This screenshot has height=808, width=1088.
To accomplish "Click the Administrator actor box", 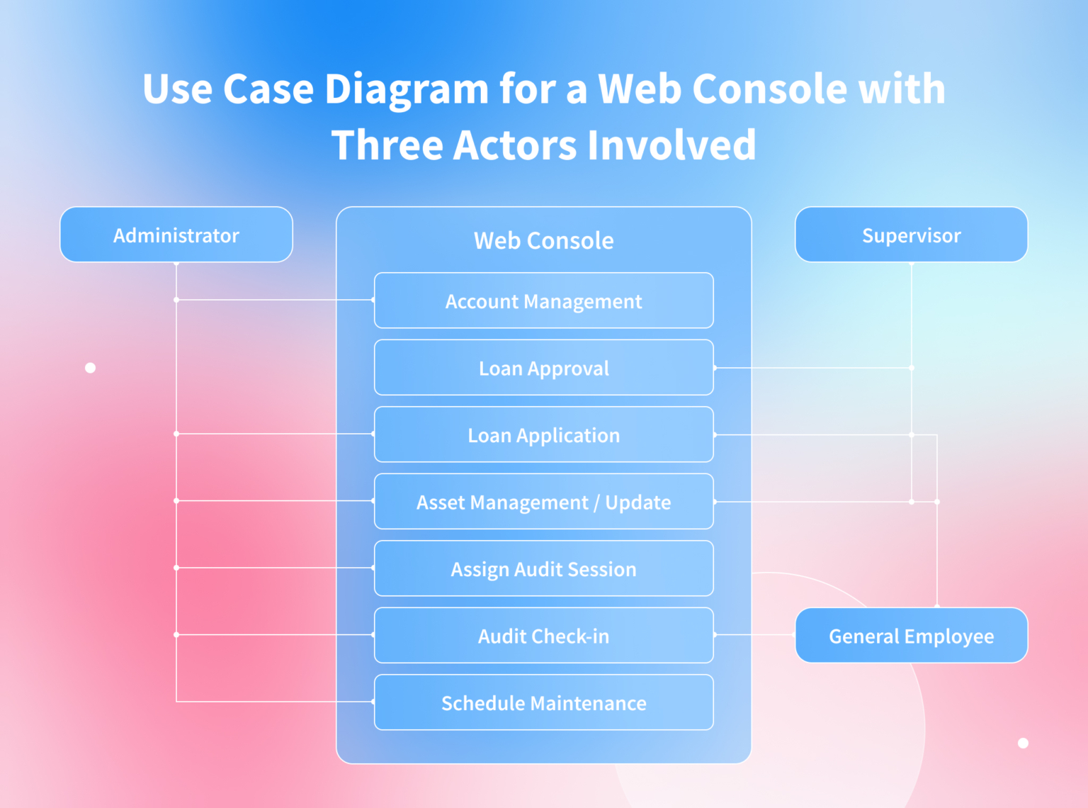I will [x=176, y=235].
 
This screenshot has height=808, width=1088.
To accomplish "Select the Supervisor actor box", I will [x=911, y=235].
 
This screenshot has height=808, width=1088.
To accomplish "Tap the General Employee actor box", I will [x=911, y=636].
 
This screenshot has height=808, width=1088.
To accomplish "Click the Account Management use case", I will [x=543, y=301].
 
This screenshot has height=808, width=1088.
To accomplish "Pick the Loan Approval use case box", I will [x=543, y=368].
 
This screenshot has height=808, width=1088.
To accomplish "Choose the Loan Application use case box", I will [x=543, y=434].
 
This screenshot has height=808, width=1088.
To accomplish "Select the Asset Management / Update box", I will [x=543, y=502].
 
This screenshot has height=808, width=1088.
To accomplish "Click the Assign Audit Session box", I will [x=543, y=568].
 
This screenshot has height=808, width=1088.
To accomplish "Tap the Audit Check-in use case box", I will [x=543, y=636].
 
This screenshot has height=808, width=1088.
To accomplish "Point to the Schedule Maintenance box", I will [x=543, y=702].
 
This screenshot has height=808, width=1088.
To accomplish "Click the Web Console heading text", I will [x=543, y=240].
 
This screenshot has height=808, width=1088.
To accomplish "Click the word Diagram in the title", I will [x=407, y=90].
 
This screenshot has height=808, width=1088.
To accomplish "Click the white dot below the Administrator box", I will [x=90, y=368].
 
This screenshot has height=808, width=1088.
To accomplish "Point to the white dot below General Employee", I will [x=1023, y=743].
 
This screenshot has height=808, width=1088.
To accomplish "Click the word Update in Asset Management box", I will [x=637, y=503].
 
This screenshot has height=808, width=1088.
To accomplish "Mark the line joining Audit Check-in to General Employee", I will [x=754, y=635].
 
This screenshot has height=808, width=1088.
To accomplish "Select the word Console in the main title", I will [x=769, y=90].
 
